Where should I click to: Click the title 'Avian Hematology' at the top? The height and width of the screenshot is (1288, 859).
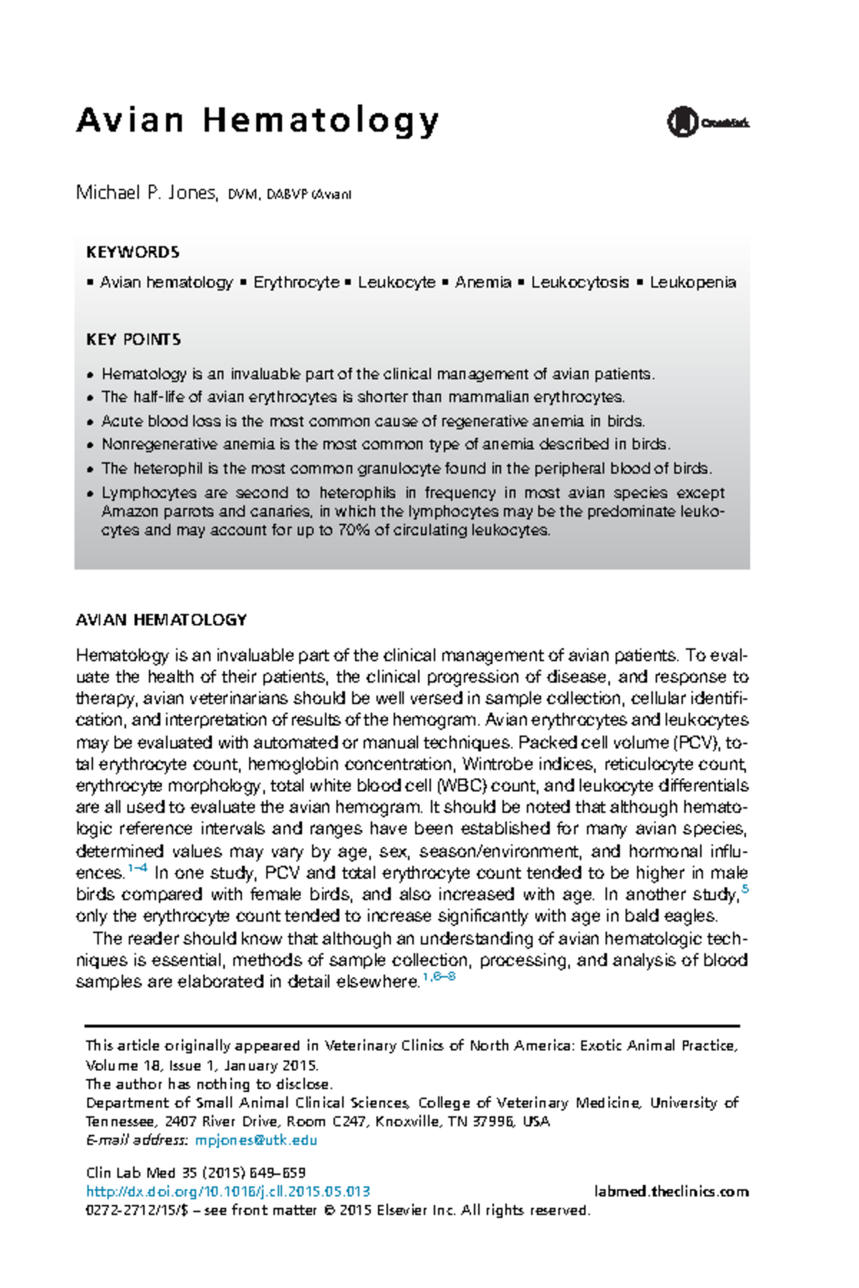(x=258, y=121)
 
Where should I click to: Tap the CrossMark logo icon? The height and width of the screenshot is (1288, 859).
(x=682, y=122)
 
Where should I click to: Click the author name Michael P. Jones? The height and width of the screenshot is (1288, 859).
(x=146, y=193)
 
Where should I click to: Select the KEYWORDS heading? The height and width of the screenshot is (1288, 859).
(x=132, y=252)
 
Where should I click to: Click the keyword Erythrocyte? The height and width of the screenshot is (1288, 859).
(x=296, y=283)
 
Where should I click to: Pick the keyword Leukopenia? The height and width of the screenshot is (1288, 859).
(x=692, y=283)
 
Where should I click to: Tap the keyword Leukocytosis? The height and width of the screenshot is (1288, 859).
(x=579, y=283)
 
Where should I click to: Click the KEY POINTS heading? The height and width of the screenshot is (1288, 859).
(x=133, y=339)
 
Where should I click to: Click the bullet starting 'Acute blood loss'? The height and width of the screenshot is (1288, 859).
(x=372, y=421)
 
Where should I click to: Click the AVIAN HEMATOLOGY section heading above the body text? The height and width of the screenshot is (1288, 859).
(x=161, y=620)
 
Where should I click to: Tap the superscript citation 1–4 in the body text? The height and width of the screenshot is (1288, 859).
(x=137, y=869)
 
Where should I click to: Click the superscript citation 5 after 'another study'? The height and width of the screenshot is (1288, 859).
(x=745, y=889)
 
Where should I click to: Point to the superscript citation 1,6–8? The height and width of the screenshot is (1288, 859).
(x=439, y=977)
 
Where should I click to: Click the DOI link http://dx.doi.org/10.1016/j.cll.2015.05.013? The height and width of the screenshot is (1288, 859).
(x=228, y=1191)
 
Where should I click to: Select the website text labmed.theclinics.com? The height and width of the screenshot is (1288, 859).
(x=671, y=1191)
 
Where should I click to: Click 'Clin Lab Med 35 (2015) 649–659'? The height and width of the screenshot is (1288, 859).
(x=195, y=1173)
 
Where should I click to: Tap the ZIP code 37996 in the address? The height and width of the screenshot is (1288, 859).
(x=495, y=1121)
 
